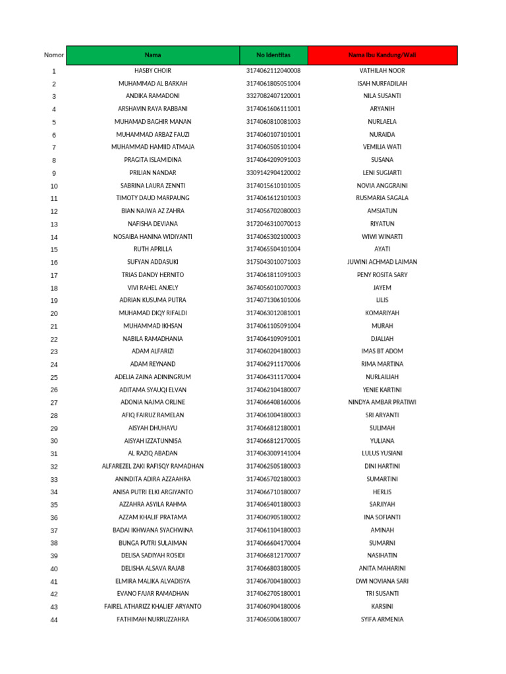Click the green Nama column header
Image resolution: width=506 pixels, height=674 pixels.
153,55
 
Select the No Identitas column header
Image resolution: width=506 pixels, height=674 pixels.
273,55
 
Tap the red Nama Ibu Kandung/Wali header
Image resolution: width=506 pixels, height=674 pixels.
382,55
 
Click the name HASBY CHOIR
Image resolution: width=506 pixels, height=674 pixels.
153,70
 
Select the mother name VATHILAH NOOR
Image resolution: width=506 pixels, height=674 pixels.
382,70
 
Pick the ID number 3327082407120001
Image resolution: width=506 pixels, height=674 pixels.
273,96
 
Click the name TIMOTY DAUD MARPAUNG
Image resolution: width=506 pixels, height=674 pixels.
153,198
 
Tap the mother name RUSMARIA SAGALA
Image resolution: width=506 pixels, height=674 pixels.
382,198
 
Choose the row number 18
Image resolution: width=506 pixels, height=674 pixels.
54,288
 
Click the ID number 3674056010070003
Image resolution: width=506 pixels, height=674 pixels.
273,288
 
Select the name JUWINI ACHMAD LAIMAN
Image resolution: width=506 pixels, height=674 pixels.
382,262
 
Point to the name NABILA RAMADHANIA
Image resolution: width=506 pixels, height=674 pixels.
153,339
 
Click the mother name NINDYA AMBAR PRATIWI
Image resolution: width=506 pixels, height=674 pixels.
382,403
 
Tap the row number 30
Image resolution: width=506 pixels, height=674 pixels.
54,441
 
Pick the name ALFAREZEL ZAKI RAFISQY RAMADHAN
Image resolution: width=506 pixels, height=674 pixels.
153,467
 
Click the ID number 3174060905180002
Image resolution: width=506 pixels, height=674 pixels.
273,517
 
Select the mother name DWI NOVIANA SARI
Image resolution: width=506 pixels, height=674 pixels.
382,581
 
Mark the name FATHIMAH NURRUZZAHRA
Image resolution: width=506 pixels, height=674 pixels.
153,619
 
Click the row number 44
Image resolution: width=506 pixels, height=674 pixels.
54,620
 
